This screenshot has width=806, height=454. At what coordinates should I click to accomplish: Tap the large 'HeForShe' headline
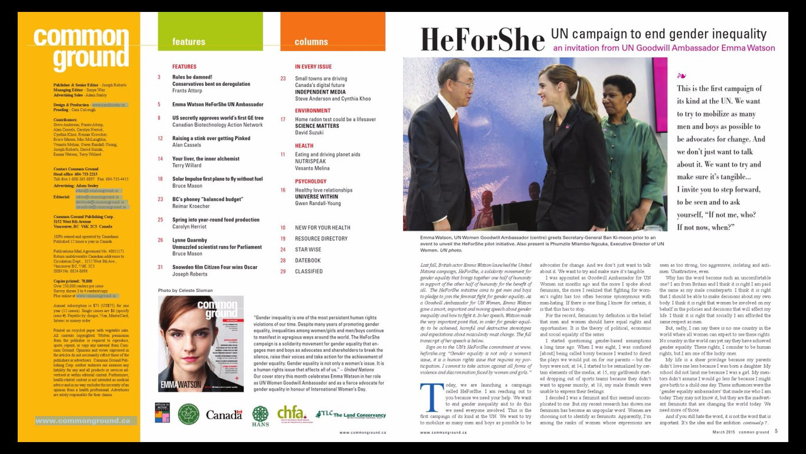482,39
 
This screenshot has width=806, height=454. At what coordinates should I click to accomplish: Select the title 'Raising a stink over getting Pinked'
211,138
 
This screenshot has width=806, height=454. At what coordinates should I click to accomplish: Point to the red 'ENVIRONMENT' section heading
312,111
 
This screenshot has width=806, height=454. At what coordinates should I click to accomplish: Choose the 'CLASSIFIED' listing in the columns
309,272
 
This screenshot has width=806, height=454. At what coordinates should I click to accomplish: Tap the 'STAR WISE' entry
308,250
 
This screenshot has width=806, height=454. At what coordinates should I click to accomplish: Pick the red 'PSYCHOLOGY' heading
310,182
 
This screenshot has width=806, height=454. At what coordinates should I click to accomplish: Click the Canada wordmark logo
224,414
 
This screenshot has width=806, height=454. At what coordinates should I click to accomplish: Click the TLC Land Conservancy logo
350,414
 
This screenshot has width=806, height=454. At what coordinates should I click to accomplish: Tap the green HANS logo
260,416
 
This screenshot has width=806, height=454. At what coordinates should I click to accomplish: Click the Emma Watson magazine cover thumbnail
201,344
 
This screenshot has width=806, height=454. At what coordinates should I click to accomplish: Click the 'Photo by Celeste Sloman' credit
185,291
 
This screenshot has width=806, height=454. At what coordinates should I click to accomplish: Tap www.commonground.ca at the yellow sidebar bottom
83,421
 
